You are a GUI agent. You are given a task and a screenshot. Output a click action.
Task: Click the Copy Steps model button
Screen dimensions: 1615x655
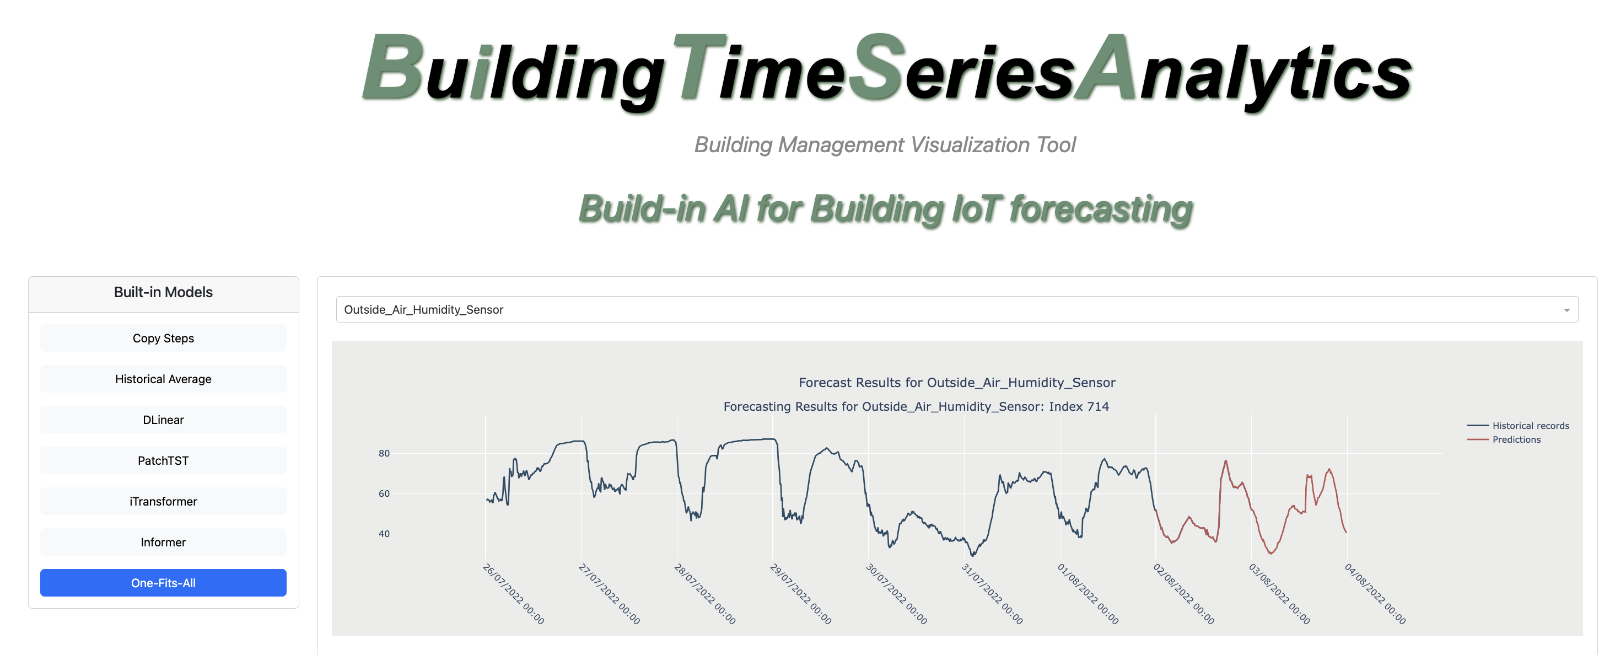tap(163, 338)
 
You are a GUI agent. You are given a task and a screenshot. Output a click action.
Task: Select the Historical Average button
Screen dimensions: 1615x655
tap(163, 379)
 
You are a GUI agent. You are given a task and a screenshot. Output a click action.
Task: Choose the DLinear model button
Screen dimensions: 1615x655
tap(163, 420)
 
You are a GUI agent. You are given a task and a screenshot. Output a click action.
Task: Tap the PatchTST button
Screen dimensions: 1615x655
tap(163, 460)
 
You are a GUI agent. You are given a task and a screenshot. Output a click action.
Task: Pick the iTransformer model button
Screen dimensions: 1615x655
tap(163, 501)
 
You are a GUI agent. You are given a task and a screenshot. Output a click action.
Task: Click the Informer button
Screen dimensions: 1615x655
tap(163, 542)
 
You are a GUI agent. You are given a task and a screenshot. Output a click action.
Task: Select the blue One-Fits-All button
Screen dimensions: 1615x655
tap(163, 583)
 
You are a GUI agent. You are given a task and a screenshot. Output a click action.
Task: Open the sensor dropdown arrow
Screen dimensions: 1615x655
tap(1566, 310)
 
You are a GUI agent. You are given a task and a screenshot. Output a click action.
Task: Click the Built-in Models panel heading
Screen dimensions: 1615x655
tap(163, 292)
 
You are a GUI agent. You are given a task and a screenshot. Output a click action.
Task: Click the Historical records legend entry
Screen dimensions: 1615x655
tap(1518, 426)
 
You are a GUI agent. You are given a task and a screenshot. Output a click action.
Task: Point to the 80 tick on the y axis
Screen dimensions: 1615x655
tap(384, 454)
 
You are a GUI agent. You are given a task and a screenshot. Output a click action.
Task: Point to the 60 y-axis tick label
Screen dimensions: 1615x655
tap(384, 494)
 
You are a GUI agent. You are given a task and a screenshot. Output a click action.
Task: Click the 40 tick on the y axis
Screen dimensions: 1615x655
tap(384, 534)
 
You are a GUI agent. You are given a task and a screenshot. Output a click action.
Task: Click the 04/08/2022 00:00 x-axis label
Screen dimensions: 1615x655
tap(1375, 593)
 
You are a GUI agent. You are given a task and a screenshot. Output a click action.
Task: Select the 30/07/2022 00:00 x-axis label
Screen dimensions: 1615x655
tap(897, 593)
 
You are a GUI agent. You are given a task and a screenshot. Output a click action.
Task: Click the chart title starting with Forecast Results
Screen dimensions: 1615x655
tap(957, 383)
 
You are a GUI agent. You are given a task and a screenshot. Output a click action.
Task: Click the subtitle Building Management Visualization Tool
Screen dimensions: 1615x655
tap(885, 145)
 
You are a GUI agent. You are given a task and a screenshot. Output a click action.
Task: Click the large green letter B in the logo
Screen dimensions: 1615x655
tap(393, 67)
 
